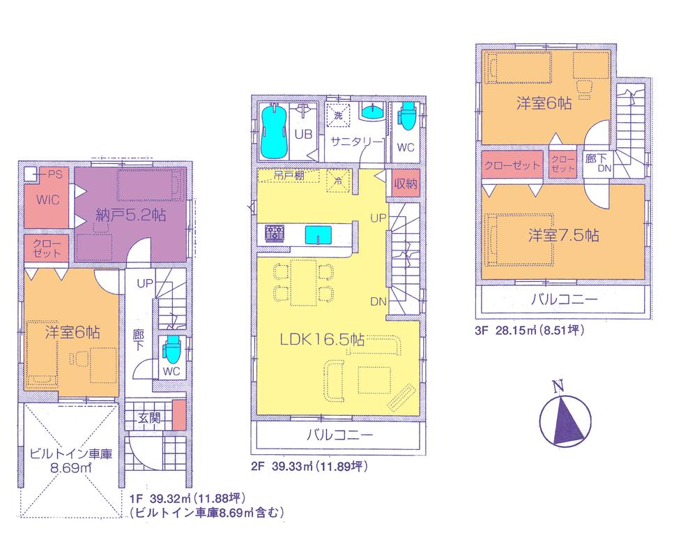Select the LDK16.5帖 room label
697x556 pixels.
323,340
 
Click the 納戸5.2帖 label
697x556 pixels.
132,215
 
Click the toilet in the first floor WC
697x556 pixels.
171,347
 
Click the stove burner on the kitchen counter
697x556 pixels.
275,233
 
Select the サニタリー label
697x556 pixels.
356,140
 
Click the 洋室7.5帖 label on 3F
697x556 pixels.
562,235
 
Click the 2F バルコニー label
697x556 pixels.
341,436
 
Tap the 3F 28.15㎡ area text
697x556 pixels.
530,332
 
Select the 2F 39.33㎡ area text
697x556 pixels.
306,466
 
